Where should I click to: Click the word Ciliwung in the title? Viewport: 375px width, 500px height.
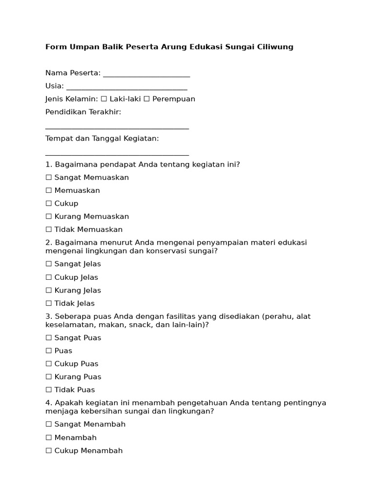pyautogui.click(x=275, y=47)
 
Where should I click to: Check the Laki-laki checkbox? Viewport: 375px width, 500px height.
pyautogui.click(x=104, y=99)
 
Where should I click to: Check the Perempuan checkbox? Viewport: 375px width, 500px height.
pyautogui.click(x=146, y=99)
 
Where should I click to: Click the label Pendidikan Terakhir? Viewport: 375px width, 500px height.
pyautogui.click(x=83, y=112)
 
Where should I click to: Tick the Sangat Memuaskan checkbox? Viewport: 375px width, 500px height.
pyautogui.click(x=48, y=178)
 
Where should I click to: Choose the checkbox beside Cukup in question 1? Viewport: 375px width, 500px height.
pyautogui.click(x=48, y=204)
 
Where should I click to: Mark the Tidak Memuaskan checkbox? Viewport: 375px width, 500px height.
pyautogui.click(x=48, y=229)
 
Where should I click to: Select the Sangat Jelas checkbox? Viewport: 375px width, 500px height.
pyautogui.click(x=48, y=264)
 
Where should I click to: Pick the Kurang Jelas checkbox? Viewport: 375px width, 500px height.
pyautogui.click(x=48, y=291)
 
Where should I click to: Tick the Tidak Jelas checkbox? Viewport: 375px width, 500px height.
pyautogui.click(x=48, y=303)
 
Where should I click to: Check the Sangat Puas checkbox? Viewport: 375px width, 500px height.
pyautogui.click(x=48, y=338)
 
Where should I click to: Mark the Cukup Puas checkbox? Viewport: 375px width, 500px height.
pyautogui.click(x=48, y=364)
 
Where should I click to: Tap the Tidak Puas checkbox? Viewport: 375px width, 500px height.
pyautogui.click(x=48, y=390)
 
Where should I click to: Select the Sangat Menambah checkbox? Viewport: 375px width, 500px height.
pyautogui.click(x=48, y=424)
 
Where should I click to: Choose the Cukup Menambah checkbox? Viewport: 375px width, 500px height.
pyautogui.click(x=48, y=451)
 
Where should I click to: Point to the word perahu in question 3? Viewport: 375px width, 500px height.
pyautogui.click(x=277, y=316)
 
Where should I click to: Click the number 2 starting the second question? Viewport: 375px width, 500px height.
pyautogui.click(x=48, y=243)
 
